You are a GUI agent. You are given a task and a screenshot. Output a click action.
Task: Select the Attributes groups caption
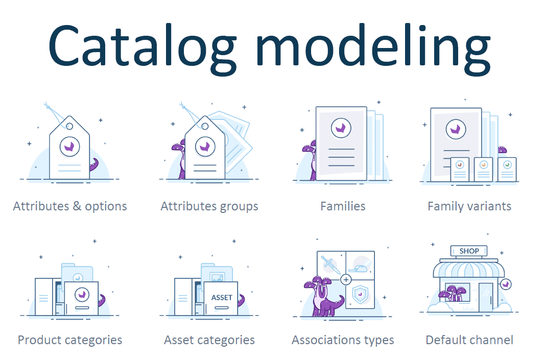point(209,207)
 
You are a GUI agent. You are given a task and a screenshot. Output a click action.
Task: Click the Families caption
point(343,206)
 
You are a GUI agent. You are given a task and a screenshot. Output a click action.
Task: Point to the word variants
point(490,206)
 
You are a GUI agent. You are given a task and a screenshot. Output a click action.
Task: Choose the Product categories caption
point(70,340)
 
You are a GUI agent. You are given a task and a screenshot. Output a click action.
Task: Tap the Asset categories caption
point(209,340)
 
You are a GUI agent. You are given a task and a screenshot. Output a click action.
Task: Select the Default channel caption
point(469,340)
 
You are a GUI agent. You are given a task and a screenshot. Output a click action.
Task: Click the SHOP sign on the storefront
point(469,251)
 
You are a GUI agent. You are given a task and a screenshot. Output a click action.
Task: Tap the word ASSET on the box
point(222,298)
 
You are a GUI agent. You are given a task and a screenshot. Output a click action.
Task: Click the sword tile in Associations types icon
point(331,265)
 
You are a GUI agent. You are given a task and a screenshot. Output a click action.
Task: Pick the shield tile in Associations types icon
point(361,294)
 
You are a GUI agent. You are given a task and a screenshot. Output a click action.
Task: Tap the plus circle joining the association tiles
point(346,279)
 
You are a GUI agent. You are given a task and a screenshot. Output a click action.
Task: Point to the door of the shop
point(486,298)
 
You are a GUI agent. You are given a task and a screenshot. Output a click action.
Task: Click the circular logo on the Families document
point(341,128)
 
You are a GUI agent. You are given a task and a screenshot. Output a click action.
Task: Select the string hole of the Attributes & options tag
point(69,126)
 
